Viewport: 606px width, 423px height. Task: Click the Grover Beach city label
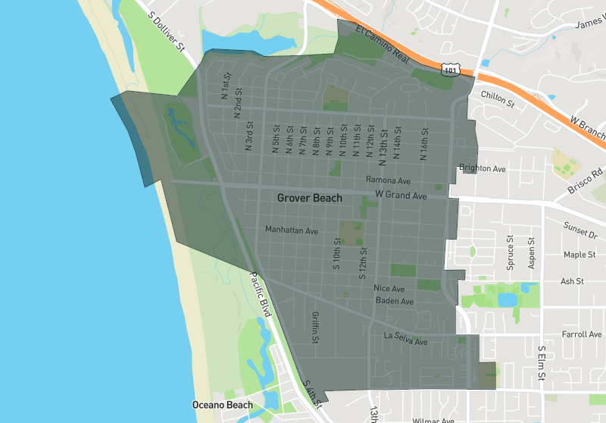(309, 198)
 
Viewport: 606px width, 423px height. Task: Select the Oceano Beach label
(222, 405)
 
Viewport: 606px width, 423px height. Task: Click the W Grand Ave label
(401, 196)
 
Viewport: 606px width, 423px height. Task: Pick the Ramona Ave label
(388, 180)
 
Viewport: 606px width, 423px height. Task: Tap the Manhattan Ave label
(291, 229)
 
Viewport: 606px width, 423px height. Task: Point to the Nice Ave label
(389, 289)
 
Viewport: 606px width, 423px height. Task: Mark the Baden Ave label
(395, 301)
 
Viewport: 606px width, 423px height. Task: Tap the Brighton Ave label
(483, 168)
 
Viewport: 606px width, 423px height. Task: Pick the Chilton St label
(498, 99)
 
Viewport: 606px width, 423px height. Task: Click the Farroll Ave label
(582, 334)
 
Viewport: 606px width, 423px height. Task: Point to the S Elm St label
(542, 363)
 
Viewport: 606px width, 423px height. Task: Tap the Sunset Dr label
(580, 226)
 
